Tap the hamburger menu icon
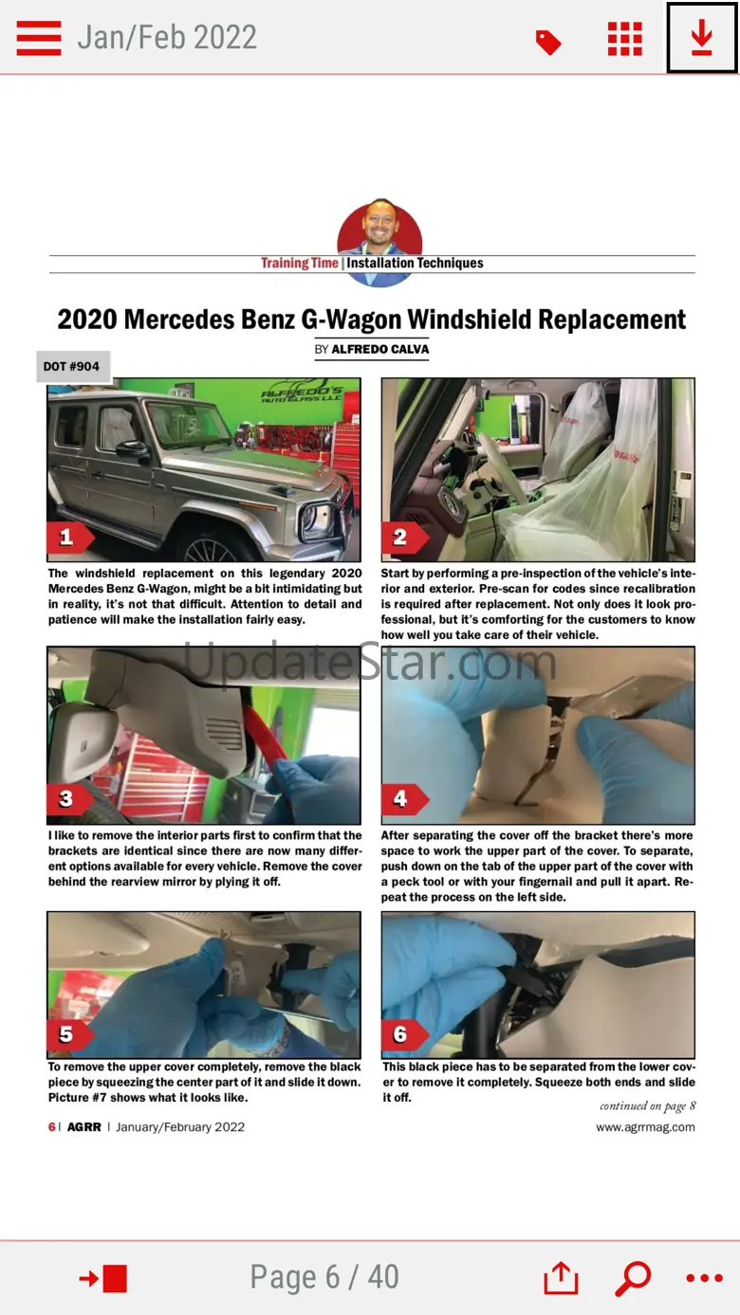tap(39, 38)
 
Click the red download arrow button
tap(701, 38)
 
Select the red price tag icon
tap(548, 43)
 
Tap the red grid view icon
tap(625, 39)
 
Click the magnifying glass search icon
tap(633, 1278)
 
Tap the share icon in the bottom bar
tap(561, 1277)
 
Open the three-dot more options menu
tap(704, 1278)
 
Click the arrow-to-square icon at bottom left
tap(103, 1279)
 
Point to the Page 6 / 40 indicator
tap(324, 1277)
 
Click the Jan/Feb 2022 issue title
tap(167, 38)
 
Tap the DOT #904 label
tap(73, 366)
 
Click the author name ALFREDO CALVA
tap(380, 349)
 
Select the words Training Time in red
tap(300, 263)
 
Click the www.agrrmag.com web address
tap(645, 1127)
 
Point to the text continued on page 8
tap(647, 1106)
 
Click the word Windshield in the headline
tap(470, 320)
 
